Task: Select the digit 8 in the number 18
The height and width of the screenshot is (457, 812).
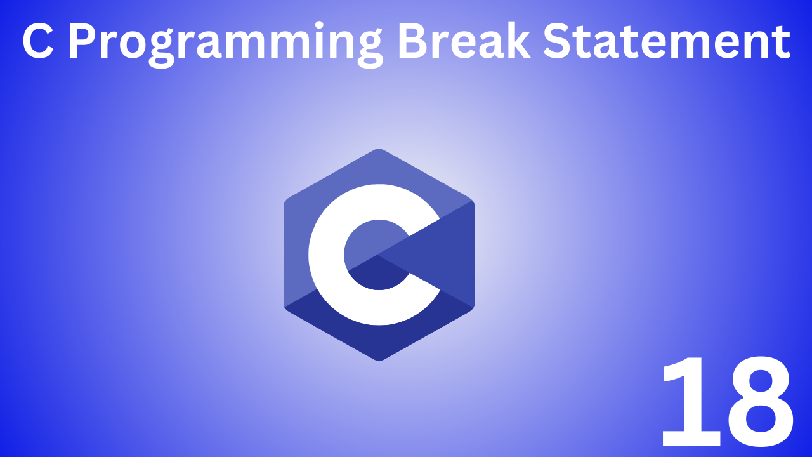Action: click(755, 402)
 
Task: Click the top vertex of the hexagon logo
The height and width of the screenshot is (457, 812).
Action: click(379, 150)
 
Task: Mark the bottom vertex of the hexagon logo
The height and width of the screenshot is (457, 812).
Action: click(379, 360)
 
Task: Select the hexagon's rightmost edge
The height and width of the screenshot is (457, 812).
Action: click(474, 255)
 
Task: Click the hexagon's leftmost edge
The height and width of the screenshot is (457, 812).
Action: click(284, 255)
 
